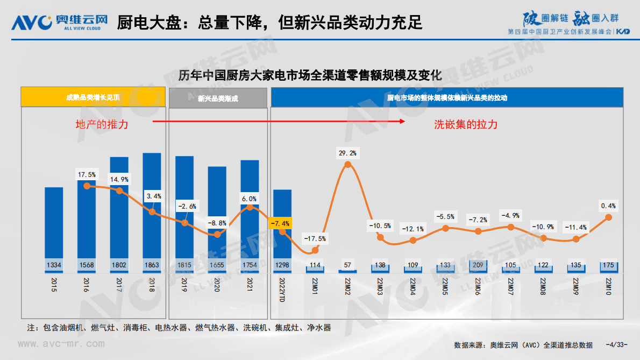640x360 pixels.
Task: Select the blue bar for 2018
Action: click(152, 210)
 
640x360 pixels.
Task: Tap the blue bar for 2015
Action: click(54, 226)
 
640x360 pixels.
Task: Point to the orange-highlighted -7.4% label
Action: click(280, 223)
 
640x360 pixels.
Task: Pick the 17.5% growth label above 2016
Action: click(87, 174)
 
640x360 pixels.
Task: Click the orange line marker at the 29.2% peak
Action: click(348, 165)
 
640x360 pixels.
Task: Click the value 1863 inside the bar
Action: click(152, 265)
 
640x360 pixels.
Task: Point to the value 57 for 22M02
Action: click(348, 265)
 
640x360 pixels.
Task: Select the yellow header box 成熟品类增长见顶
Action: click(93, 98)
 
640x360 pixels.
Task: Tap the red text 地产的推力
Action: click(102, 124)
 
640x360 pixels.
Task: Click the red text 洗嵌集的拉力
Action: click(466, 124)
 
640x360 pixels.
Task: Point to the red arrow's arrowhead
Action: click(402, 122)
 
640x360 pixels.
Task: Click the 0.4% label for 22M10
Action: click(609, 206)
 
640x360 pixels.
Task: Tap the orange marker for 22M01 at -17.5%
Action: click(315, 250)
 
